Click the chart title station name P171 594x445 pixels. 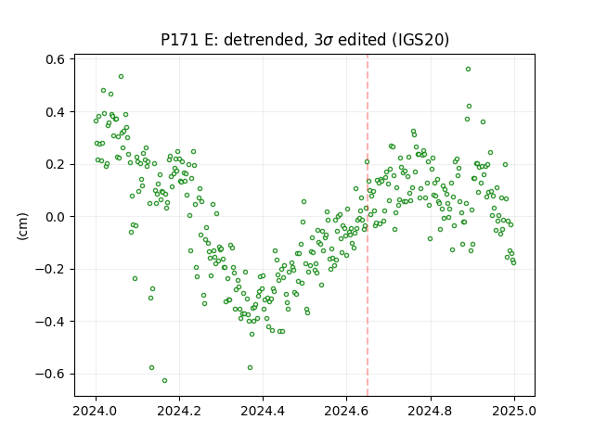179,40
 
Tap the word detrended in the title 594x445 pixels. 264,40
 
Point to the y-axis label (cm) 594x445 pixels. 22,226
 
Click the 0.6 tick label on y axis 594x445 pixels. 56,59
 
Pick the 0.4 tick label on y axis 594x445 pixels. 56,112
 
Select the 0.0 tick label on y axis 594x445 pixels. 56,217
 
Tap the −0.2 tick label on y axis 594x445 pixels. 50,270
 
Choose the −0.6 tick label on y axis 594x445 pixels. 50,375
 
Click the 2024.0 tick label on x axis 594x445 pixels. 96,411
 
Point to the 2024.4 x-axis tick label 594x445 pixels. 263,411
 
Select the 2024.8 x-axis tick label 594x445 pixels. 431,411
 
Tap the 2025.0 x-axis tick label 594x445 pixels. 514,411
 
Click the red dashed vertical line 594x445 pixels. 368,225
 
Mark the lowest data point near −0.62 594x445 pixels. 164,381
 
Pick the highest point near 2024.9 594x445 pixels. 468,70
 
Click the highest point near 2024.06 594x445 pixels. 121,77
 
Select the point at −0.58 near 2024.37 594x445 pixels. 250,368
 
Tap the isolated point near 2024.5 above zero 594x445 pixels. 303,202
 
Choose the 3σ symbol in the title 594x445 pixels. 324,40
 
